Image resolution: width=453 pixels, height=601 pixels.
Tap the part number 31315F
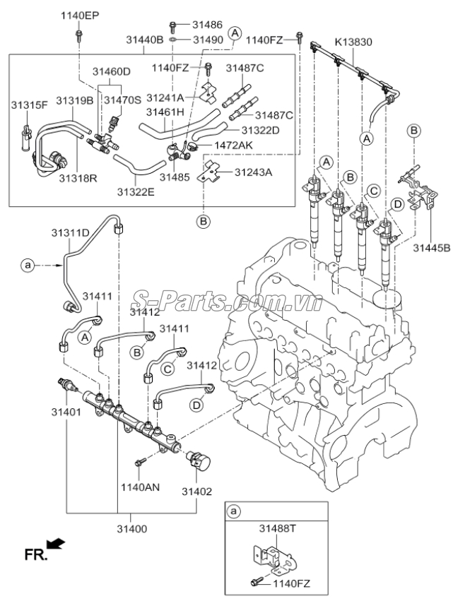tap(29, 105)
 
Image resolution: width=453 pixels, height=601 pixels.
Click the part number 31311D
tap(69, 232)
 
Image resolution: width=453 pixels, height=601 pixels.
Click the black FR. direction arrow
tap(58, 544)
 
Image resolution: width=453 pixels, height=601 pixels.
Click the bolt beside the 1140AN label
tap(140, 463)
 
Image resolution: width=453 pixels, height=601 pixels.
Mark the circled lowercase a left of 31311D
tap(28, 266)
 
